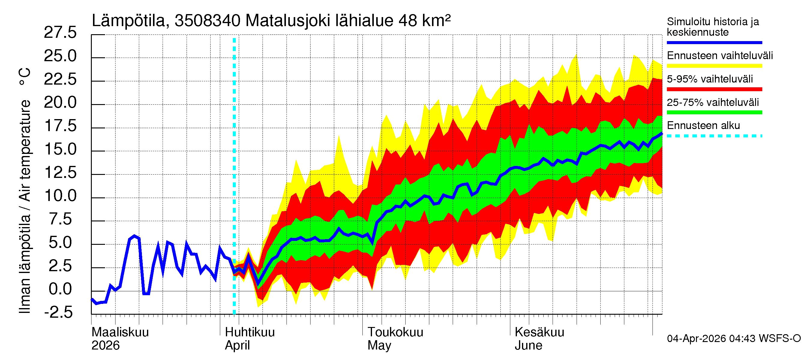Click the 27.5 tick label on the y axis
click(60, 33)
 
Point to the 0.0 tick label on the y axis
click(60, 289)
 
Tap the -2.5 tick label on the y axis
click(58, 313)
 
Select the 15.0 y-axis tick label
click(60, 149)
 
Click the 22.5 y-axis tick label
click(60, 79)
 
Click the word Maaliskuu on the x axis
click(120, 332)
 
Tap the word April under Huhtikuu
click(237, 346)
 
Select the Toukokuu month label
click(395, 332)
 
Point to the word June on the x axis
click(528, 346)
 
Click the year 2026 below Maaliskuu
click(105, 346)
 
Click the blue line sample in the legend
click(714, 42)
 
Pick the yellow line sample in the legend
click(714, 66)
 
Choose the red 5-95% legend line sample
click(714, 89)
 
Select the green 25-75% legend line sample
click(714, 112)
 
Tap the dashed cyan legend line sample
click(714, 136)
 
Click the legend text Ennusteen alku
click(703, 125)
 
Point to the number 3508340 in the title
click(208, 21)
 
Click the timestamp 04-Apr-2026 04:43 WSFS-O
click(733, 339)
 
